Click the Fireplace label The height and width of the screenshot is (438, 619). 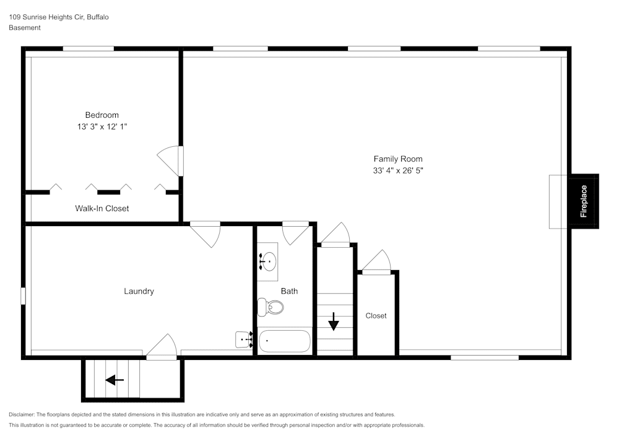pyautogui.click(x=584, y=201)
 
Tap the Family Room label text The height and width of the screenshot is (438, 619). pyautogui.click(x=397, y=159)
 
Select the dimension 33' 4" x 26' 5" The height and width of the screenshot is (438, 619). pyautogui.click(x=397, y=170)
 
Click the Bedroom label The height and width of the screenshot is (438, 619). pyautogui.click(x=102, y=115)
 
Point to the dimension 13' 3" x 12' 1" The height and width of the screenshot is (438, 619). pyautogui.click(x=102, y=126)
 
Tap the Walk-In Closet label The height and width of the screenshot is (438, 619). pyautogui.click(x=102, y=208)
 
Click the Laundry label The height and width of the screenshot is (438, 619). pyautogui.click(x=139, y=291)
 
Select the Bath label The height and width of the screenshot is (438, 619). pyautogui.click(x=289, y=291)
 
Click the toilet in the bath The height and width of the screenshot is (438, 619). pyautogui.click(x=271, y=307)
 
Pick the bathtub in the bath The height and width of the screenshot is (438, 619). pyautogui.click(x=284, y=341)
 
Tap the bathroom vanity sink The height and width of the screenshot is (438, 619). pyautogui.click(x=268, y=262)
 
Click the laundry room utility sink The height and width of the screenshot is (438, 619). pyautogui.click(x=244, y=339)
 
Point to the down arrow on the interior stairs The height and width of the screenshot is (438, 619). pyautogui.click(x=334, y=322)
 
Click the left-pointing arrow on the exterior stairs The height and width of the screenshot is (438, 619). pyautogui.click(x=115, y=380)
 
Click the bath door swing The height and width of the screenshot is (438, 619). pyautogui.click(x=295, y=234)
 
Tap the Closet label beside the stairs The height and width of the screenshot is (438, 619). pyautogui.click(x=376, y=316)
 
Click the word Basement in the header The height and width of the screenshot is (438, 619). pyautogui.click(x=25, y=28)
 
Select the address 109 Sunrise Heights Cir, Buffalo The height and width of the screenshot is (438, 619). pyautogui.click(x=59, y=17)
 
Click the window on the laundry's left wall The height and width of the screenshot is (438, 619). pyautogui.click(x=23, y=296)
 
